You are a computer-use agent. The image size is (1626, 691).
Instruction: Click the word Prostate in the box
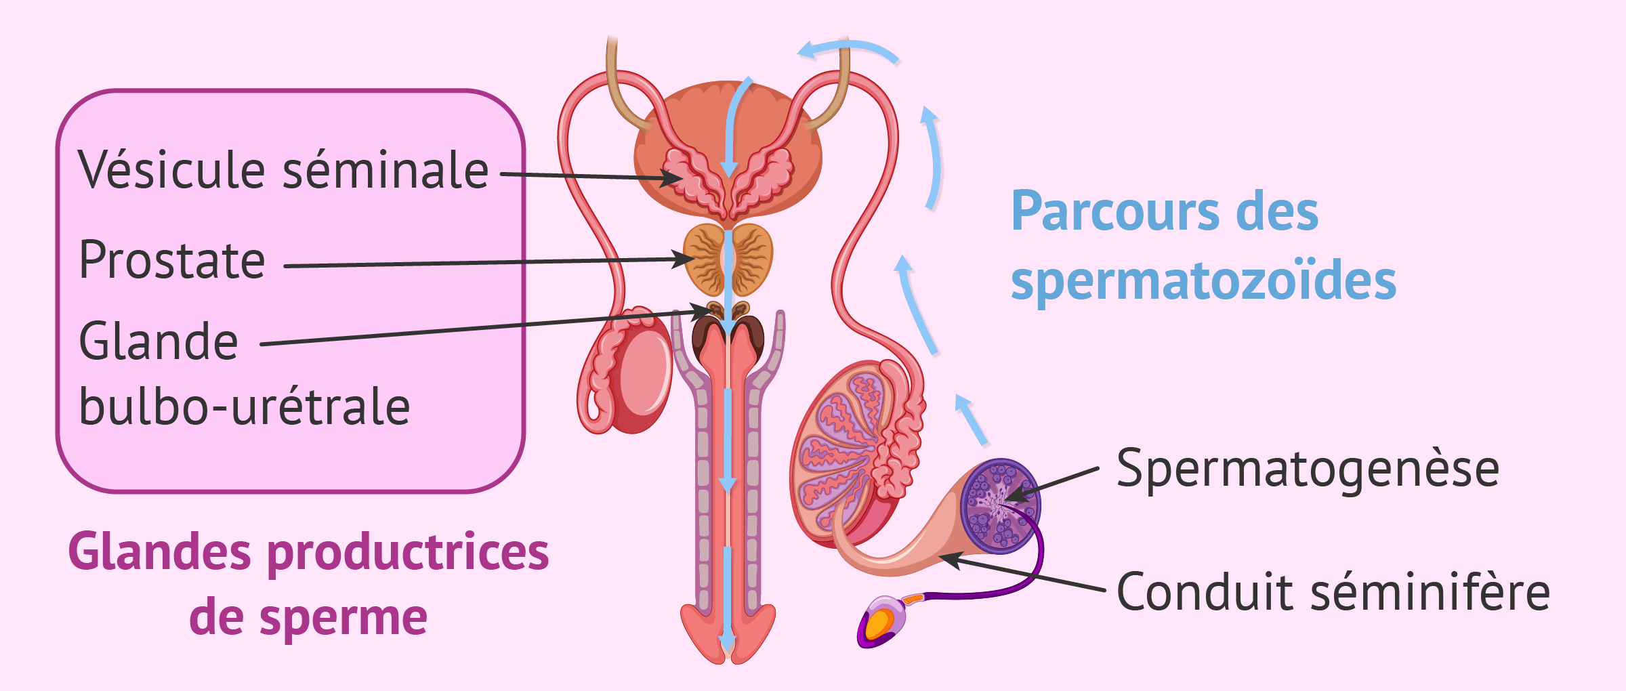pyautogui.click(x=172, y=260)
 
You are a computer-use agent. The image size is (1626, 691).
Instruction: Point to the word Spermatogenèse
pyautogui.click(x=1308, y=469)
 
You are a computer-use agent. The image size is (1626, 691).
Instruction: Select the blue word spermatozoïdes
pyautogui.click(x=1203, y=280)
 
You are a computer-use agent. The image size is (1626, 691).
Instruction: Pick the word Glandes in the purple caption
pyautogui.click(x=160, y=551)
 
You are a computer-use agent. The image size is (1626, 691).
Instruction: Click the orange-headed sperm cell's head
pyautogui.click(x=880, y=623)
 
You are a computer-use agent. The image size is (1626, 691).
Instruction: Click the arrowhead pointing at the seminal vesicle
pyautogui.click(x=674, y=179)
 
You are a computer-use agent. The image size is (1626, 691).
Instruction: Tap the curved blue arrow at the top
pyautogui.click(x=847, y=49)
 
